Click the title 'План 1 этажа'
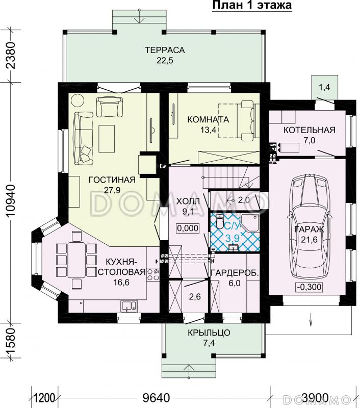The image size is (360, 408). click(252, 5)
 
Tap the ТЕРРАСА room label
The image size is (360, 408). click(165, 49)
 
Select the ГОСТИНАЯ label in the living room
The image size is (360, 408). click(112, 180)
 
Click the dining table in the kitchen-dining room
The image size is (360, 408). click(76, 260)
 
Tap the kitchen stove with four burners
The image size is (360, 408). click(153, 274)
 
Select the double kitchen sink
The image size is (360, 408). click(129, 306)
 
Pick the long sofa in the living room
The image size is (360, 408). click(83, 138)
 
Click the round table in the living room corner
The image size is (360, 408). click(78, 100)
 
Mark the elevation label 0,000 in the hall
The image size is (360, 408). click(188, 228)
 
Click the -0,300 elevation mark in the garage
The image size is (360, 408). click(310, 287)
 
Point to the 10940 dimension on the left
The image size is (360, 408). click(12, 200)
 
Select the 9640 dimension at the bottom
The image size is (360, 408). click(157, 397)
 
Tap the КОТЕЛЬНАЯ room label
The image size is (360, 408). click(310, 130)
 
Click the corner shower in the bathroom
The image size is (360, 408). click(250, 223)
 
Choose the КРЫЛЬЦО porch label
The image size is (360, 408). click(209, 333)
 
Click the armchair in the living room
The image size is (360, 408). click(109, 107)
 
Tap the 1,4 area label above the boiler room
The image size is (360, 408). click(324, 87)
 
